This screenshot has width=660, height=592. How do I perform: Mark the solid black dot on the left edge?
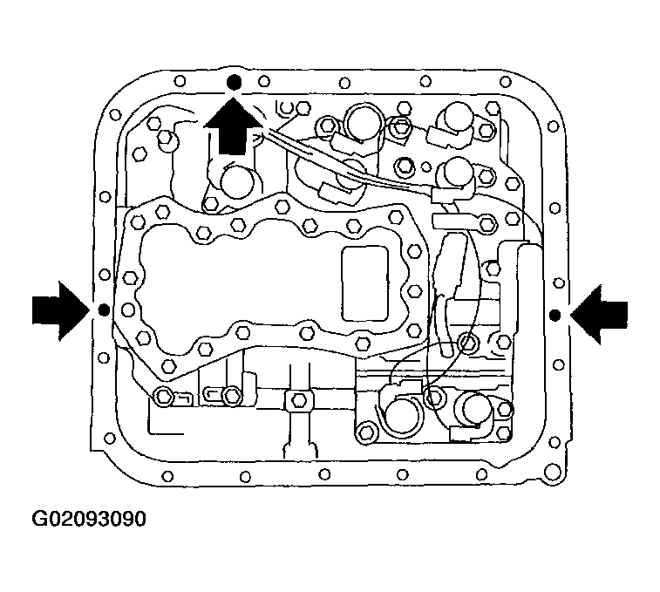pyautogui.click(x=102, y=310)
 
